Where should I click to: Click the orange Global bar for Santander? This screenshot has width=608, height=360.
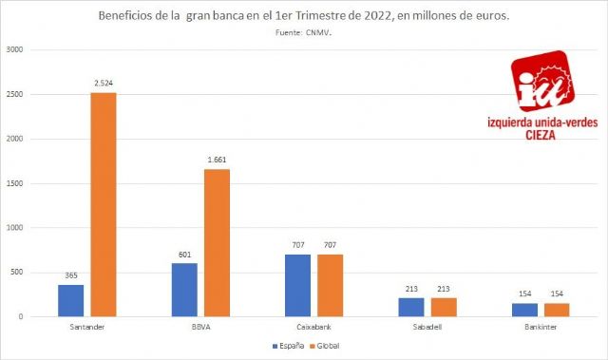pyautogui.click(x=103, y=204)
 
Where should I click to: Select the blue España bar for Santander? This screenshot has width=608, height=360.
pyautogui.click(x=70, y=300)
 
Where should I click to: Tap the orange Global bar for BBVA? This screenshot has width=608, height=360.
pyautogui.click(x=217, y=242)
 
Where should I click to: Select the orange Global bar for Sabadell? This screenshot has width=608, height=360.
pyautogui.click(x=444, y=307)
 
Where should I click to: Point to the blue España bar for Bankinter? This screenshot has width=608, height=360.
pyautogui.click(x=525, y=310)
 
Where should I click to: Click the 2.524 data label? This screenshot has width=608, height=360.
pyautogui.click(x=103, y=84)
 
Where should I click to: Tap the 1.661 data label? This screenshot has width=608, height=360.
pyautogui.click(x=217, y=161)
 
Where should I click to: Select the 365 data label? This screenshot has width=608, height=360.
pyautogui.click(x=70, y=275)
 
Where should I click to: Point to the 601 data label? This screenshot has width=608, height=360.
pyautogui.click(x=184, y=255)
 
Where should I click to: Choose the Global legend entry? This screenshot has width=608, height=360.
pyautogui.click(x=326, y=346)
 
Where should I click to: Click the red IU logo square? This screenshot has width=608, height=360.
pyautogui.click(x=541, y=85)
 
